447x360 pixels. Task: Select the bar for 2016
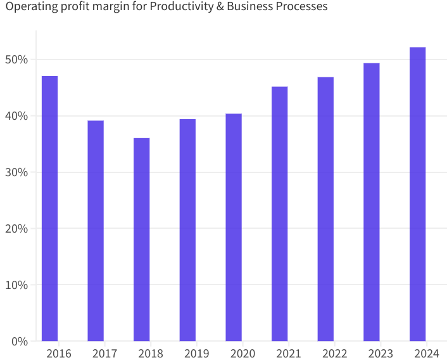[50, 209]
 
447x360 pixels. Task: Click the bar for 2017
[96, 231]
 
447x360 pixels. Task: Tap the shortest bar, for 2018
[142, 240]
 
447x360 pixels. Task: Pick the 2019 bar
[187, 230]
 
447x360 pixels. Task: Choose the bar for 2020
[234, 228]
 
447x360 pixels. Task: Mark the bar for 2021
[280, 214]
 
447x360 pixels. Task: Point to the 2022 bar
[325, 209]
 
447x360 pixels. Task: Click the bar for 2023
[372, 202]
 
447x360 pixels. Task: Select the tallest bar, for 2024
[418, 194]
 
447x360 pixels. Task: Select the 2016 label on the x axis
[59, 353]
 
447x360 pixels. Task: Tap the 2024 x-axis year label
[427, 353]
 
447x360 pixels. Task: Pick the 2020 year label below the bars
[242, 353]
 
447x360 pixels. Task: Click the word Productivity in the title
[180, 7]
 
